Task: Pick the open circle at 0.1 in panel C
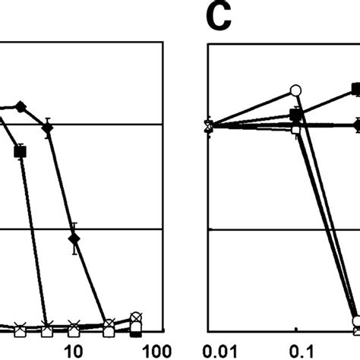click(x=296, y=91)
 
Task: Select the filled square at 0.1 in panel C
click(x=296, y=114)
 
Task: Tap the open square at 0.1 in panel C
click(x=296, y=129)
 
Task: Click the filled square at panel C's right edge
click(x=355, y=90)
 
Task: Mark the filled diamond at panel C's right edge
click(x=356, y=125)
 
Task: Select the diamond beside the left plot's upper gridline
click(x=48, y=128)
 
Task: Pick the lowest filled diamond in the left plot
click(x=74, y=239)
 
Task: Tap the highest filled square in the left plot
click(x=21, y=152)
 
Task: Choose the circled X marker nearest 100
click(x=136, y=317)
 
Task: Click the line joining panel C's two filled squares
click(x=327, y=102)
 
